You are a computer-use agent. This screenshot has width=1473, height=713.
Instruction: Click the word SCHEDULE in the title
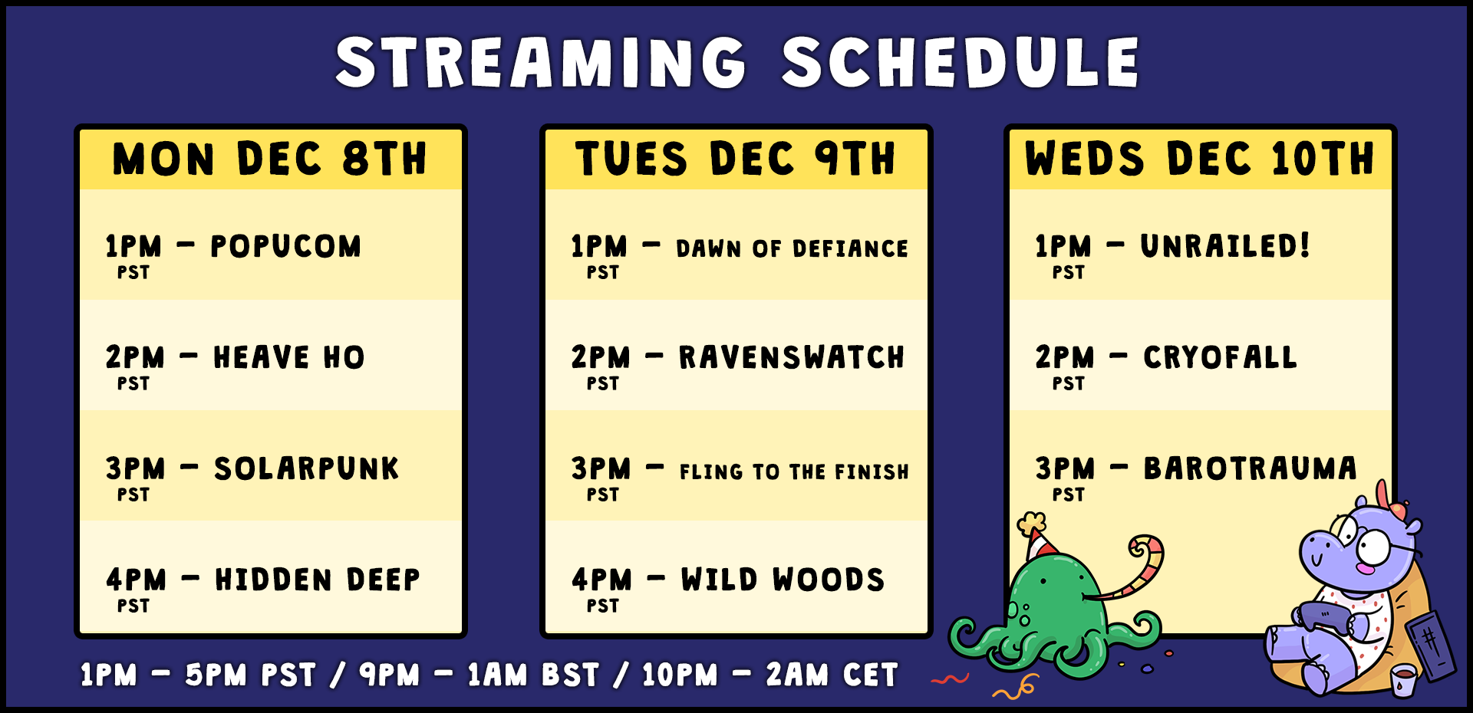(961, 63)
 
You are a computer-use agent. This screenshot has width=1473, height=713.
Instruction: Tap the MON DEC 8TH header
(270, 159)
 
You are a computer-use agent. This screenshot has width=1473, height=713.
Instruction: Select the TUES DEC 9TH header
(736, 159)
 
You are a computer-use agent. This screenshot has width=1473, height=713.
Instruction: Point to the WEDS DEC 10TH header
(1200, 159)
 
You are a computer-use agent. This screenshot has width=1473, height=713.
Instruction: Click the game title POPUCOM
(285, 246)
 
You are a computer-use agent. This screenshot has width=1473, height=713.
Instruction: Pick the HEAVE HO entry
(289, 357)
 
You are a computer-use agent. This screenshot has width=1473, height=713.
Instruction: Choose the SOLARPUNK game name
(307, 468)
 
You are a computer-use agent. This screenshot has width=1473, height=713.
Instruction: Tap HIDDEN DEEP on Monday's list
(318, 580)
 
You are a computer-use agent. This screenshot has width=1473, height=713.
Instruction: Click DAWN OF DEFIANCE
(793, 248)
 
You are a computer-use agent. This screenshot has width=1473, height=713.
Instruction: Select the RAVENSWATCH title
(792, 357)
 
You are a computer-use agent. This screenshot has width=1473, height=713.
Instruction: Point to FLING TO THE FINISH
(794, 472)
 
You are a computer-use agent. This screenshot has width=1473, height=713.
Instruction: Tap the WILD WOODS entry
(783, 580)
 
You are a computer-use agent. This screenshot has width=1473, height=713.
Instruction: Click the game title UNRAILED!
(1225, 246)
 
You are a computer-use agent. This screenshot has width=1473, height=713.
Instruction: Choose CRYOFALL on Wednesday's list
(1220, 357)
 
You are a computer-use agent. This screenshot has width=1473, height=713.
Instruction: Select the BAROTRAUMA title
(1251, 468)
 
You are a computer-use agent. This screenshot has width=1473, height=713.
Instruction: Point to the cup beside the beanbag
(1403, 681)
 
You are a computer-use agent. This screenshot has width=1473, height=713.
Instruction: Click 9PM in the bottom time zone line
(390, 675)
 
